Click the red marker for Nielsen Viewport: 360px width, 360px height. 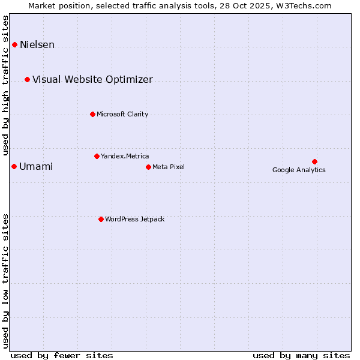[x=14, y=44]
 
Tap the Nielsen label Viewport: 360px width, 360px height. [x=37, y=45]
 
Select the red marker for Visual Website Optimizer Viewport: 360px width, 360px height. [x=27, y=79]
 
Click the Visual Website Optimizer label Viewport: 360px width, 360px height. [x=92, y=80]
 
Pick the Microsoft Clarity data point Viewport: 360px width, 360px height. [x=92, y=114]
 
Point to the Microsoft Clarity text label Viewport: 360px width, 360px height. [x=122, y=115]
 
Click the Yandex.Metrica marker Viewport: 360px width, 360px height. [x=97, y=156]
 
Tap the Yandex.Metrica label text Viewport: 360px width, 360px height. [x=125, y=157]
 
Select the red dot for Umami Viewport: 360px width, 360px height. [x=14, y=166]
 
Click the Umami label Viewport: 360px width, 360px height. [x=36, y=167]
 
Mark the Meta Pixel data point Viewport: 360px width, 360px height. [x=148, y=167]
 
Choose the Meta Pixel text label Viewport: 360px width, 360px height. [x=169, y=167]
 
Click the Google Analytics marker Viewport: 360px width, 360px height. [x=314, y=161]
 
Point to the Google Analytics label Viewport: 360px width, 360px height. [x=299, y=170]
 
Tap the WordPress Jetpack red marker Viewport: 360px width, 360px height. [x=101, y=219]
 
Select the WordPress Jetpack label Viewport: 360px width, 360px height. [x=134, y=220]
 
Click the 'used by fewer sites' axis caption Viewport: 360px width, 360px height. [x=62, y=355]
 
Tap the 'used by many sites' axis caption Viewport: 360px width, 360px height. [x=301, y=355]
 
